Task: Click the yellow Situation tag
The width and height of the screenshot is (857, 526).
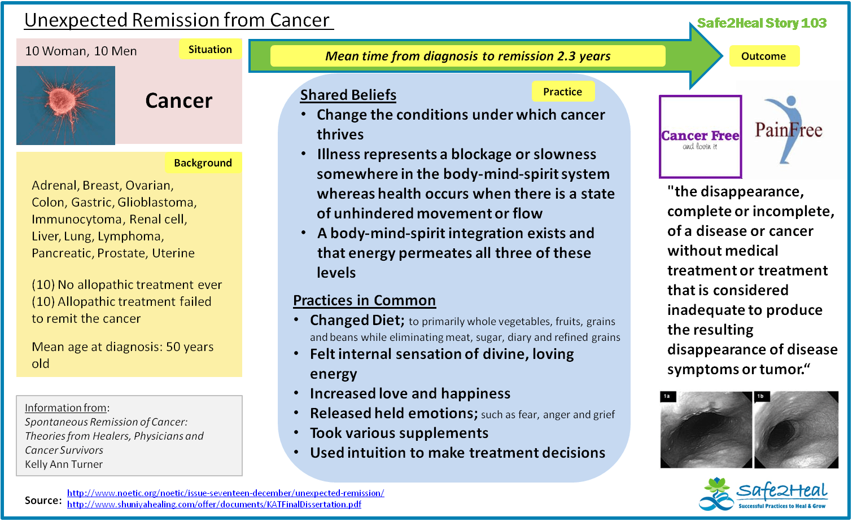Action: coord(210,50)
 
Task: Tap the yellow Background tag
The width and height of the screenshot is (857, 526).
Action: coord(203,163)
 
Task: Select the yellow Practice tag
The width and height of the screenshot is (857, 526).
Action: coord(562,92)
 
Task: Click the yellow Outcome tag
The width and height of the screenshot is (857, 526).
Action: coord(763,56)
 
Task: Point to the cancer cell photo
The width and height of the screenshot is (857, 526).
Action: coord(65,106)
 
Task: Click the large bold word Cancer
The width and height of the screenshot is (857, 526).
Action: coord(178,101)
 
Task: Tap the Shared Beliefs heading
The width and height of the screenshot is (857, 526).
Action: coord(348,95)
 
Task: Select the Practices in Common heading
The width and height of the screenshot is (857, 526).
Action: coord(364,300)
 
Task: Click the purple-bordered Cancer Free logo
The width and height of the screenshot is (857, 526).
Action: coord(700,137)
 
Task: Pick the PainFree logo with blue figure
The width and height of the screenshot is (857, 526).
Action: coord(789,131)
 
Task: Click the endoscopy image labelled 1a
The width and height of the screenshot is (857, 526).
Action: coord(706,429)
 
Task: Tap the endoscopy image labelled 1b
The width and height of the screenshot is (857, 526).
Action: coord(796,429)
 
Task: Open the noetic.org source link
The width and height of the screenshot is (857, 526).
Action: coord(225,493)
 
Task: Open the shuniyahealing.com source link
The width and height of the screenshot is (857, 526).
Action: coord(214,505)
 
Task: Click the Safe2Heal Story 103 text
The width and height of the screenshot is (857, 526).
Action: coord(761,23)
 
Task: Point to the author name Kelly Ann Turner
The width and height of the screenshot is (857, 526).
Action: coord(64,464)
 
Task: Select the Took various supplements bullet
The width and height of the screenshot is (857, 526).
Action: coord(399,433)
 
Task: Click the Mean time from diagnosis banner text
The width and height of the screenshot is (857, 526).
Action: coord(467,56)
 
